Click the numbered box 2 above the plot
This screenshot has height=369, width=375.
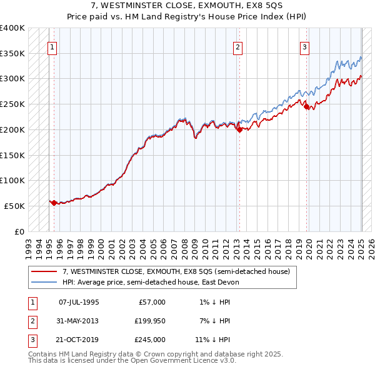238,46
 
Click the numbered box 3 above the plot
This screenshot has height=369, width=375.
304,46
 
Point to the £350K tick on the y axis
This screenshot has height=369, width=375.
12,54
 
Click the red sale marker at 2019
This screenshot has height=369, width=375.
306,107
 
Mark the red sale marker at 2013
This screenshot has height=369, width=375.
239,129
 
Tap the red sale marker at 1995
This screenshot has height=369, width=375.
54,203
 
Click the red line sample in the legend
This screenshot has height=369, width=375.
44,273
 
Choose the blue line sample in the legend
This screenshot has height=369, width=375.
44,282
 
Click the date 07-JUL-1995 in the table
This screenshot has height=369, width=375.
79,302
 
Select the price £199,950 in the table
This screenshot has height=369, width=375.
148,321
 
